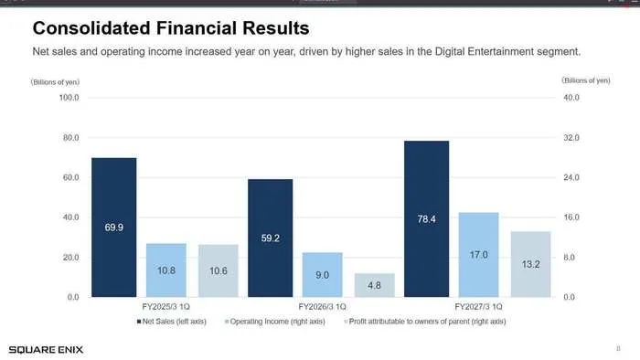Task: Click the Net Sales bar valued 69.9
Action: pos(114,228)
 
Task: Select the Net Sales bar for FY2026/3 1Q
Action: pos(271,238)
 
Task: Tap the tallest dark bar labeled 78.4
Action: pos(427,219)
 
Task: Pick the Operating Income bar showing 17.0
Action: pos(478,255)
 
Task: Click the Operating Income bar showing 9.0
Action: pos(323,275)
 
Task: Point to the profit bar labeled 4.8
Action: pos(374,285)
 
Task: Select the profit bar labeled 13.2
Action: pos(530,264)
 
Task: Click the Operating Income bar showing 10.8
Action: pos(166,270)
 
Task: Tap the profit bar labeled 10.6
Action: pos(219,270)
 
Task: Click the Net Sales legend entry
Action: pos(172,322)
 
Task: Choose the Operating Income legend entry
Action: pos(275,322)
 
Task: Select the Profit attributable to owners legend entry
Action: pos(425,322)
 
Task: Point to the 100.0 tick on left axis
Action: pos(69,98)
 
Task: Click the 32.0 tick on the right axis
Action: pos(571,138)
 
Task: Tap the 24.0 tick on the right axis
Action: pos(571,177)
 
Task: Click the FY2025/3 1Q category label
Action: pos(166,307)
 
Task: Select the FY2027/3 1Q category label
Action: pos(478,307)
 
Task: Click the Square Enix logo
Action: pos(46,350)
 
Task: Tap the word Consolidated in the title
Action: pos(91,28)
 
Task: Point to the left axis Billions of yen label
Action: pos(55,82)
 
